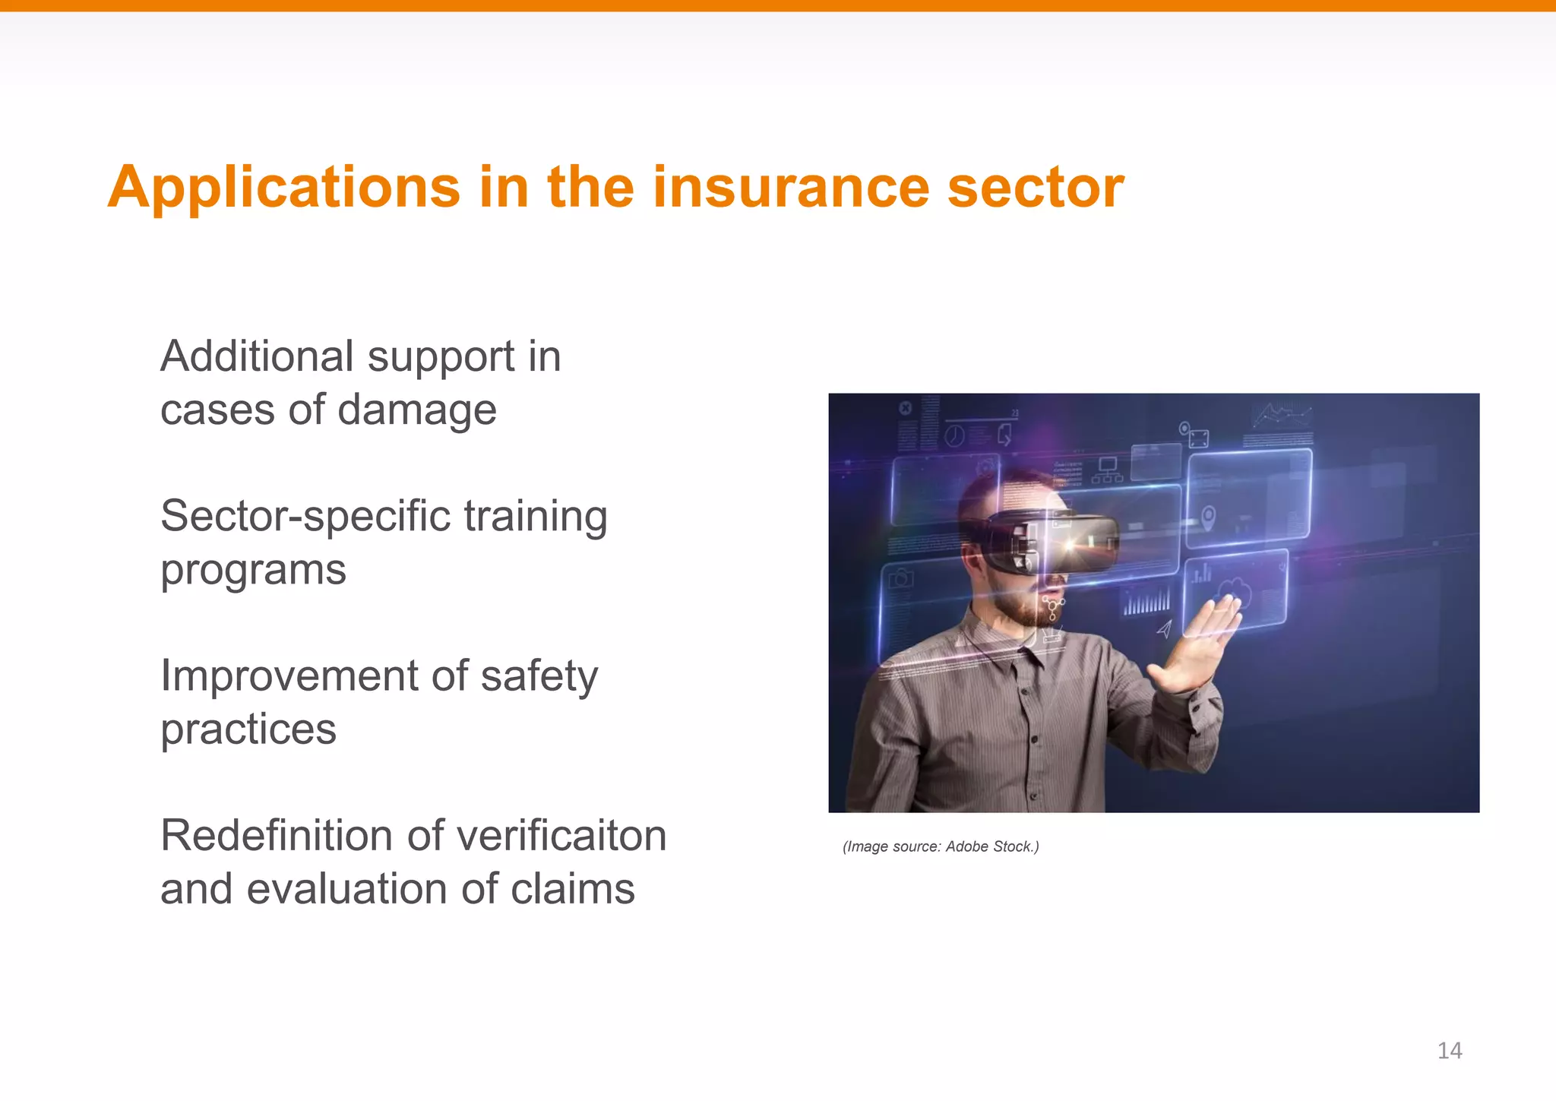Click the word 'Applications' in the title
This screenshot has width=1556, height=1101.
[x=284, y=187]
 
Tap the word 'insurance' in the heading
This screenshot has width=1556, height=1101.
[x=791, y=187]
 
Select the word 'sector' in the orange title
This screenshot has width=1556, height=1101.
[x=1036, y=187]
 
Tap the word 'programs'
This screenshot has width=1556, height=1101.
[x=253, y=571]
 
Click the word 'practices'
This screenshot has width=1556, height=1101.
[x=248, y=729]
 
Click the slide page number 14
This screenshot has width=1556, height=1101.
[x=1450, y=1050]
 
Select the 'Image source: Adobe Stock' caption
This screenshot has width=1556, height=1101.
[x=941, y=846]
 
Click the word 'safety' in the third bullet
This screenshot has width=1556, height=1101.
[x=539, y=675]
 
